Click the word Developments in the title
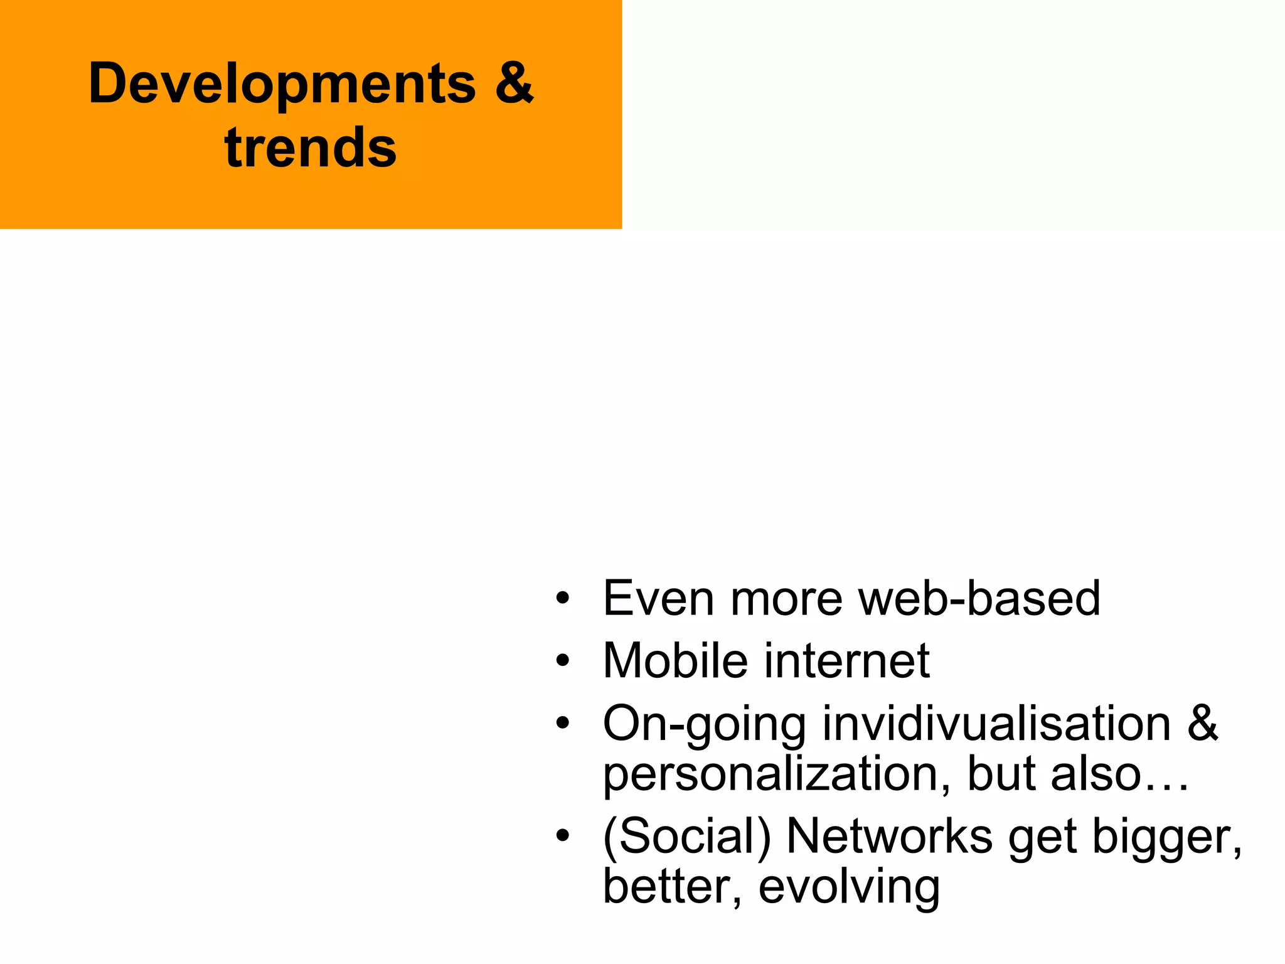tap(282, 85)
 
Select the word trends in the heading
tap(311, 148)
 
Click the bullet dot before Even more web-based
tap(563, 597)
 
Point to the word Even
tap(658, 598)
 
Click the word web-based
tap(979, 598)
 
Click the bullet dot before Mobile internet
tap(563, 660)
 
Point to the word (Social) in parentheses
tap(686, 837)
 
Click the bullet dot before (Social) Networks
tap(563, 836)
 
